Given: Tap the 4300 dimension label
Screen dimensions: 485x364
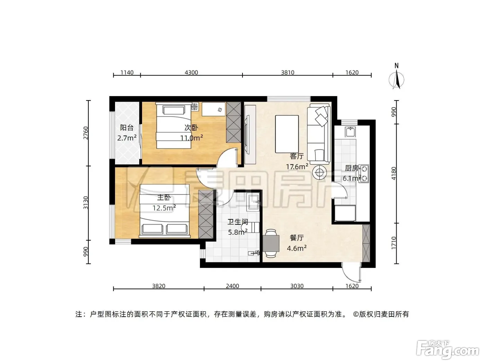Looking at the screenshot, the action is pos(191,72).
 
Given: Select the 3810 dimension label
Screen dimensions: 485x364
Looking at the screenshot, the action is pos(288,72).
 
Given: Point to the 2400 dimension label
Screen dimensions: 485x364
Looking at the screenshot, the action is pos(232,286).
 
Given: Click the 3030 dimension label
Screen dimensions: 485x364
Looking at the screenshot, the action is pos(297,286).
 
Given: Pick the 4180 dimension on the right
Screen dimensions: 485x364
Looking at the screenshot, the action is pos(394,173).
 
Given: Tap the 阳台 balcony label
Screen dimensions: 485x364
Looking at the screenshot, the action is pos(126,128).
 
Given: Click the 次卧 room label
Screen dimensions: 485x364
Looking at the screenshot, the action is pos(191,128).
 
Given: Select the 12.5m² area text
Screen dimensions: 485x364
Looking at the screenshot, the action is pos(164,208).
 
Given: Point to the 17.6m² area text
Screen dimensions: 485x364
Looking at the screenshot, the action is pos(297,166).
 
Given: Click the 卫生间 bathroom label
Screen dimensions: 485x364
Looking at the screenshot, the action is pos(238,222).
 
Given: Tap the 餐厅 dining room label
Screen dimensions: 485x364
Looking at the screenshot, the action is pos(297,238).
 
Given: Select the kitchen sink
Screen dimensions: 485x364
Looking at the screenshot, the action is pos(351,132).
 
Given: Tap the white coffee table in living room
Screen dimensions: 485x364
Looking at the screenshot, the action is pos(287,134).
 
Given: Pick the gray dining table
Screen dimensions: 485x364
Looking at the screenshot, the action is pos(271,243).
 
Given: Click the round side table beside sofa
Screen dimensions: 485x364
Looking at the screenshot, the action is pos(319,172).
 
